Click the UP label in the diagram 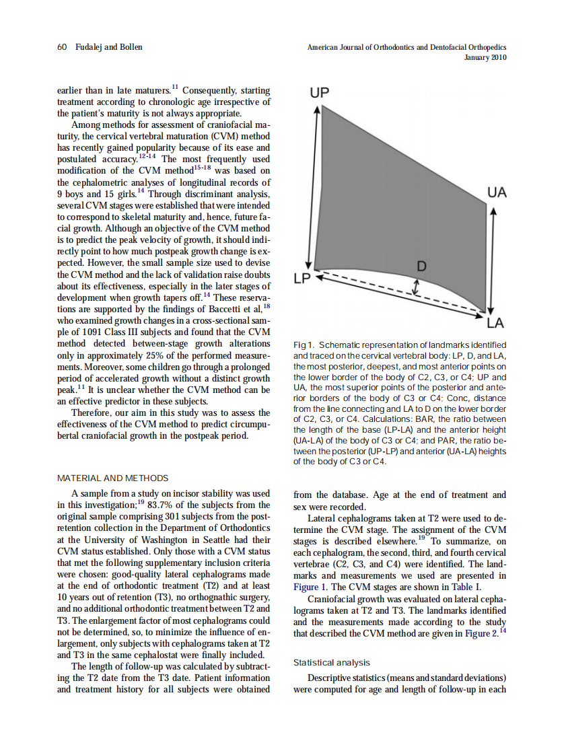click(320, 93)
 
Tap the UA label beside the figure click(496, 192)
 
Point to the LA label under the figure click(496, 324)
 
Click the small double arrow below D click(417, 288)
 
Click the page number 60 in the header click(62, 47)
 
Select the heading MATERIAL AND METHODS click(113, 478)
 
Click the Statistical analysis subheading click(332, 663)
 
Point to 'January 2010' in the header click(485, 58)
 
